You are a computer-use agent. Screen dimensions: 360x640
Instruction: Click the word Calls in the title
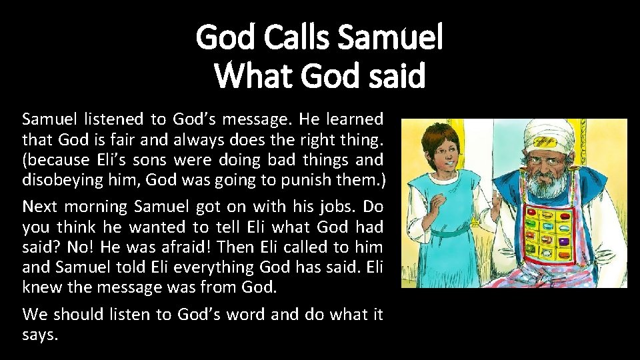click(x=297, y=37)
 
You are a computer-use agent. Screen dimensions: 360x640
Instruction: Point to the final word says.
click(x=40, y=335)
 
